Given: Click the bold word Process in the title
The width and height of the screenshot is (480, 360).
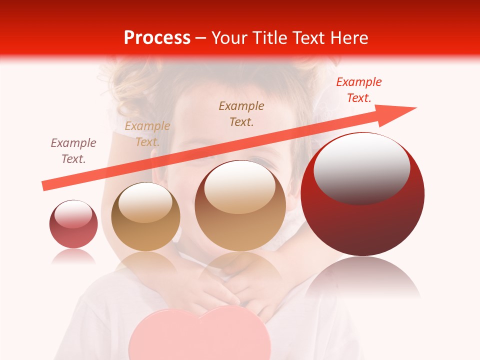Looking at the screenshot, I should click(157, 38).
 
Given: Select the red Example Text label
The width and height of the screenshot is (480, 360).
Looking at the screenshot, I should click(359, 90).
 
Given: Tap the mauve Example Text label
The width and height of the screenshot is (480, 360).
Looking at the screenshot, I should click(73, 151).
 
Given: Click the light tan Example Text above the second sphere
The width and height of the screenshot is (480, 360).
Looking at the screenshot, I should click(147, 134).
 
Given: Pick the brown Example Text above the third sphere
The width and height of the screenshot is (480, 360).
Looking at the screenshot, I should click(241, 113).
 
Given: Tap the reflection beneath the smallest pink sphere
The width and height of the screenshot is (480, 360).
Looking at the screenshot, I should click(73, 257).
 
